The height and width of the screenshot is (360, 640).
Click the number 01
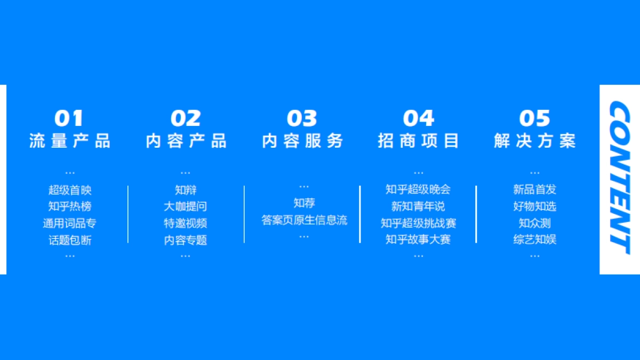(69, 118)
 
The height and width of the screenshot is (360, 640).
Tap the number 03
(302, 118)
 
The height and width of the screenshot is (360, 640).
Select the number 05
(534, 118)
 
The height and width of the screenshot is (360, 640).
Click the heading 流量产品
(70, 141)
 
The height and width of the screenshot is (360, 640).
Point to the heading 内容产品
(186, 141)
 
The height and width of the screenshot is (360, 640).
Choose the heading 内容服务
(302, 141)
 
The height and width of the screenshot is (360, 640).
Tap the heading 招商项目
(419, 141)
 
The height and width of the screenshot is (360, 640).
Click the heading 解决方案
(535, 141)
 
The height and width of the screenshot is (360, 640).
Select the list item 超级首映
(70, 190)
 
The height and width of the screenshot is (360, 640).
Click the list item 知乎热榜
(70, 207)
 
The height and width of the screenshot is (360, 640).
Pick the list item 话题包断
(70, 240)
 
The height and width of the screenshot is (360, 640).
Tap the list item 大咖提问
(186, 207)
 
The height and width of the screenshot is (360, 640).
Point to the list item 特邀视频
(186, 223)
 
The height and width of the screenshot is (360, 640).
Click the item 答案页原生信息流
(304, 220)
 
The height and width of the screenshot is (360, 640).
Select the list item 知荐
(304, 203)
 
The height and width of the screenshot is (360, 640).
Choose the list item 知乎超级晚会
(419, 190)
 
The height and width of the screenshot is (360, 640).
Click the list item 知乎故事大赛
(419, 239)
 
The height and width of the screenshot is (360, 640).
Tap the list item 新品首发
(535, 190)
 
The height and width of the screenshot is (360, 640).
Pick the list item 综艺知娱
(535, 239)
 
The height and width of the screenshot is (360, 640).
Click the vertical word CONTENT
(620, 179)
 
